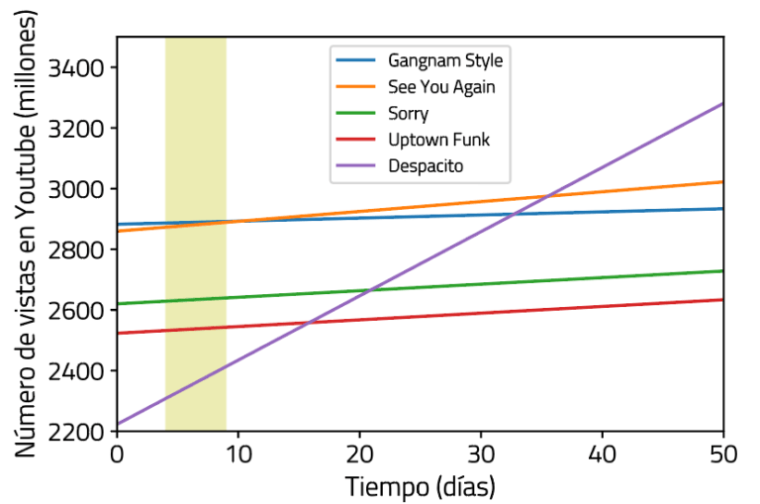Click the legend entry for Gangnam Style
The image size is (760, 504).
point(445,61)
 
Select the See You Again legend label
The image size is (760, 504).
point(441,87)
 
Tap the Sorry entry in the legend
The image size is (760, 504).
point(408,114)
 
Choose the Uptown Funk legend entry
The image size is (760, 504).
point(438,140)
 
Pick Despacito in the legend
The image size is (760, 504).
point(426,166)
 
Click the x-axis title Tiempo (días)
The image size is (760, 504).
point(420,486)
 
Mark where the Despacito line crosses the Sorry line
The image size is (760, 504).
point(366,290)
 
